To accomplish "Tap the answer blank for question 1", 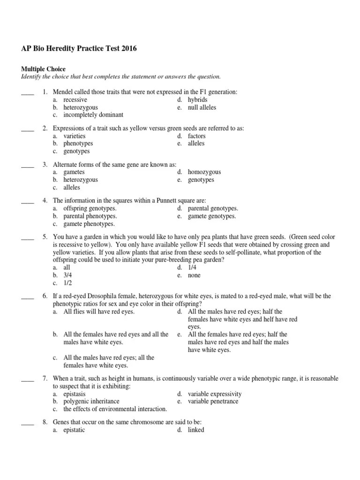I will pyautogui.click(x=28, y=92).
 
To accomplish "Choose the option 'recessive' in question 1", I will pyautogui.click(x=75, y=100).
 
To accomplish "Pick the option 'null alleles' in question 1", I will pyautogui.click(x=202, y=107).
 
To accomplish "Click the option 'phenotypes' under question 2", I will pyautogui.click(x=78, y=143).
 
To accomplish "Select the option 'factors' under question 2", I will pyautogui.click(x=197, y=136).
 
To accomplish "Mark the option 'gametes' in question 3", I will pyautogui.click(x=74, y=172).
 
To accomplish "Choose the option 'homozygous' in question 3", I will pyautogui.click(x=204, y=172).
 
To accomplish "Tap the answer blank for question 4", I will pyautogui.click(x=28, y=201).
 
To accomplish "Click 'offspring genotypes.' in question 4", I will pyautogui.click(x=90, y=209).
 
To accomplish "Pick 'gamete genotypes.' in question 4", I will pyautogui.click(x=212, y=216).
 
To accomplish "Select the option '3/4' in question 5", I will pyautogui.click(x=68, y=275).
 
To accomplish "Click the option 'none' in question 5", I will pyautogui.click(x=194, y=275).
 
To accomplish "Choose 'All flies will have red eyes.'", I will pyautogui.click(x=99, y=312).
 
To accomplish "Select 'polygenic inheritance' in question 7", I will pyautogui.click(x=91, y=401).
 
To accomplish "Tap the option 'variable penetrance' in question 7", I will pyautogui.click(x=213, y=401).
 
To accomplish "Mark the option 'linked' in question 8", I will pyautogui.click(x=196, y=430).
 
